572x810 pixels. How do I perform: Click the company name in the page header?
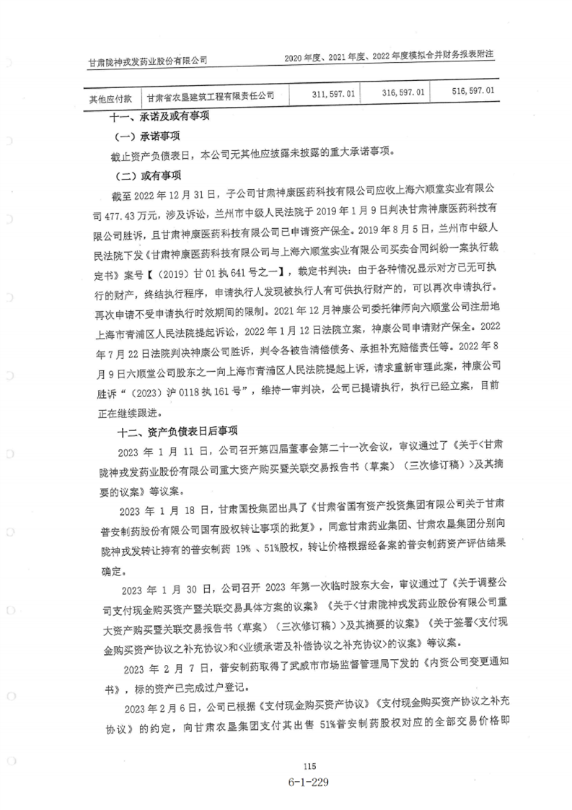point(147,62)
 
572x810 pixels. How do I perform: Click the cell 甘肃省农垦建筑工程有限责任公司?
point(211,95)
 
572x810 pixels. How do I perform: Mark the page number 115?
point(310,767)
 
